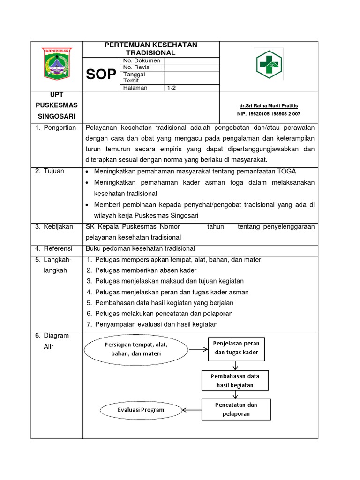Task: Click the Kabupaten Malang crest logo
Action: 56,65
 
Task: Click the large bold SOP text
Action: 101,74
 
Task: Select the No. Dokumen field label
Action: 142,60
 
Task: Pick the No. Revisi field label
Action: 137,67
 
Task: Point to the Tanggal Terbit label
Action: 134,77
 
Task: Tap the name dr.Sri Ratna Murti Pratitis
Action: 269,105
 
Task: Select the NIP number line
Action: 269,114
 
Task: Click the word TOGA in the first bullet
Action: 287,171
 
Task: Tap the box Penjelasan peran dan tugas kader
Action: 236,348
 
